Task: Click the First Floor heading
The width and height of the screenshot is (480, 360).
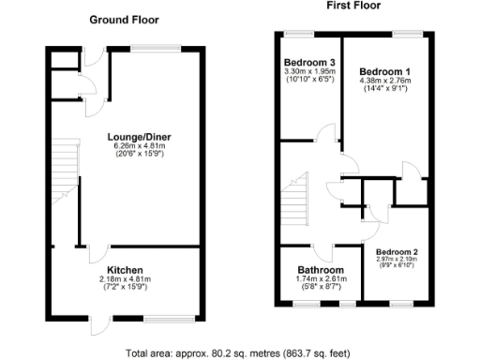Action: (x=354, y=7)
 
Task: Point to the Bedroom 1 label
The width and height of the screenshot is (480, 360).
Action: (x=385, y=71)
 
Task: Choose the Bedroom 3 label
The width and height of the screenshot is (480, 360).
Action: (x=309, y=64)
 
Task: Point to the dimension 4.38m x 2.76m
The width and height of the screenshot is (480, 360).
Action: (x=385, y=82)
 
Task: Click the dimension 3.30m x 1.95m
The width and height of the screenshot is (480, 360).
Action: (x=309, y=73)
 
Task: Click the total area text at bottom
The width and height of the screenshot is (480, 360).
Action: (x=239, y=353)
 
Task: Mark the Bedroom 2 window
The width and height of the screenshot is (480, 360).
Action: (x=401, y=303)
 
